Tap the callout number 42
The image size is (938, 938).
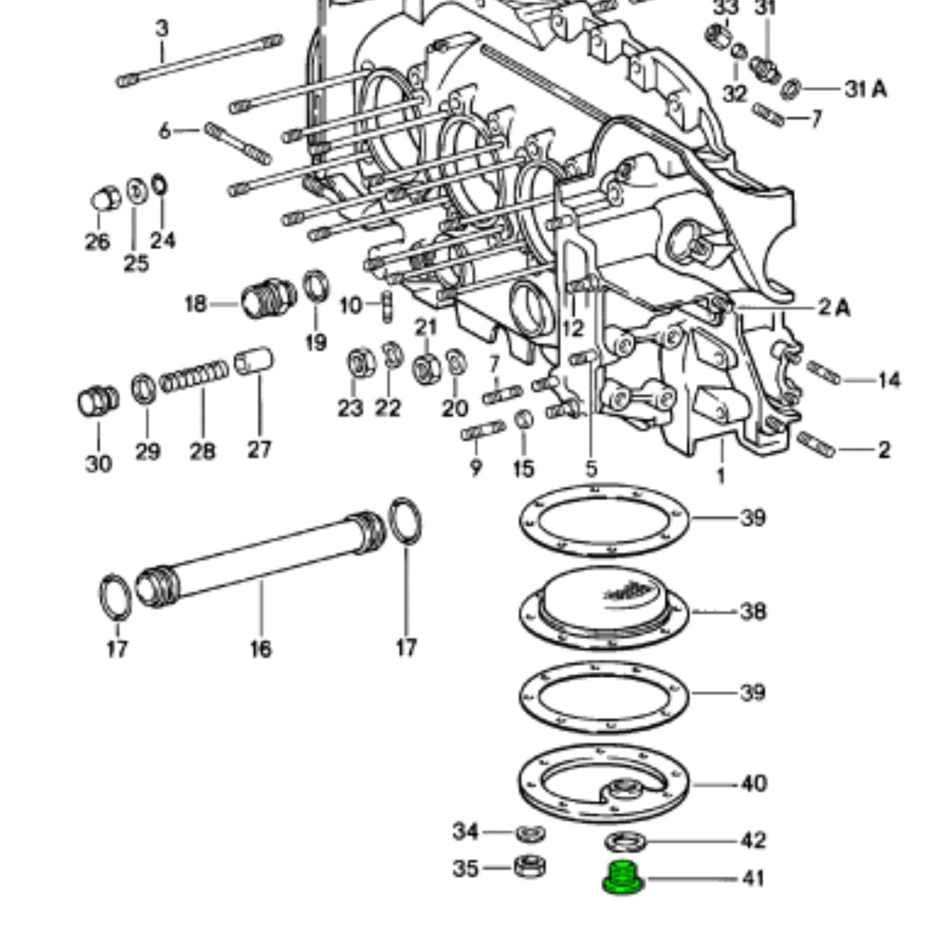click(x=753, y=840)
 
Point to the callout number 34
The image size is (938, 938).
click(x=465, y=832)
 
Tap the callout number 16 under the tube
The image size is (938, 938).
click(x=261, y=649)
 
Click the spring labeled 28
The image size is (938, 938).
click(x=194, y=376)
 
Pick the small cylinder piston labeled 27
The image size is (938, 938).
click(x=254, y=361)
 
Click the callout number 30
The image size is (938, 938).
click(x=98, y=464)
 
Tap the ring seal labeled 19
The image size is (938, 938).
click(x=316, y=286)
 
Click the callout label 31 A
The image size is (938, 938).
click(x=866, y=89)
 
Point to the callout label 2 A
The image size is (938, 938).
click(x=834, y=307)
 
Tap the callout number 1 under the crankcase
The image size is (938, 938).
click(x=721, y=475)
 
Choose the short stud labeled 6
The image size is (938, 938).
click(x=237, y=144)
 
